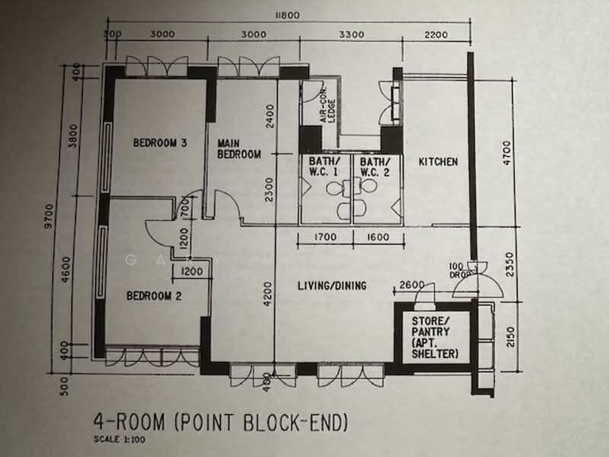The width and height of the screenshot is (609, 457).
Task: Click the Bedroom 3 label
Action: (x=160, y=142)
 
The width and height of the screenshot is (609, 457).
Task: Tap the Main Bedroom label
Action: (x=238, y=149)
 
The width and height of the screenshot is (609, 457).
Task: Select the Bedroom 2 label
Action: (x=154, y=296)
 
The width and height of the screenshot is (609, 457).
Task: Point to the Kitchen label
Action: (x=438, y=161)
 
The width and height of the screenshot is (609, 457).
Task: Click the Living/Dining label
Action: (x=332, y=286)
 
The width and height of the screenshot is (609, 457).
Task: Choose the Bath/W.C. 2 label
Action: (x=375, y=167)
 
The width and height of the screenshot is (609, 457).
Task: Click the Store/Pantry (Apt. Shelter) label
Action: (x=435, y=337)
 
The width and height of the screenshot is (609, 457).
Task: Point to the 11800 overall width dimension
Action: (x=288, y=15)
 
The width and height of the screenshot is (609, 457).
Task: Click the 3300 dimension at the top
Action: (x=352, y=34)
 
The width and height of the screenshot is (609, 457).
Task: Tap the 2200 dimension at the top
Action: (x=435, y=35)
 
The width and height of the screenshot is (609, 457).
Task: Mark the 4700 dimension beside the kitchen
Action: (x=507, y=153)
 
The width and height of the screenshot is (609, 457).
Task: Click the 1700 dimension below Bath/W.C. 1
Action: (x=325, y=237)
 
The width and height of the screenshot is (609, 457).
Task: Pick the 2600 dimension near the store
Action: (x=412, y=285)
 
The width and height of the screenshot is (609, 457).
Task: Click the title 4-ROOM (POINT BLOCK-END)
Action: (x=221, y=423)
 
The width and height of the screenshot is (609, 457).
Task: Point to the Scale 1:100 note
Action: (x=120, y=440)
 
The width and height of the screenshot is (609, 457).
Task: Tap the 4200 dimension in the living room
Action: (x=268, y=294)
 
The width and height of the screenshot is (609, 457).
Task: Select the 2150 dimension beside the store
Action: (x=510, y=337)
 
